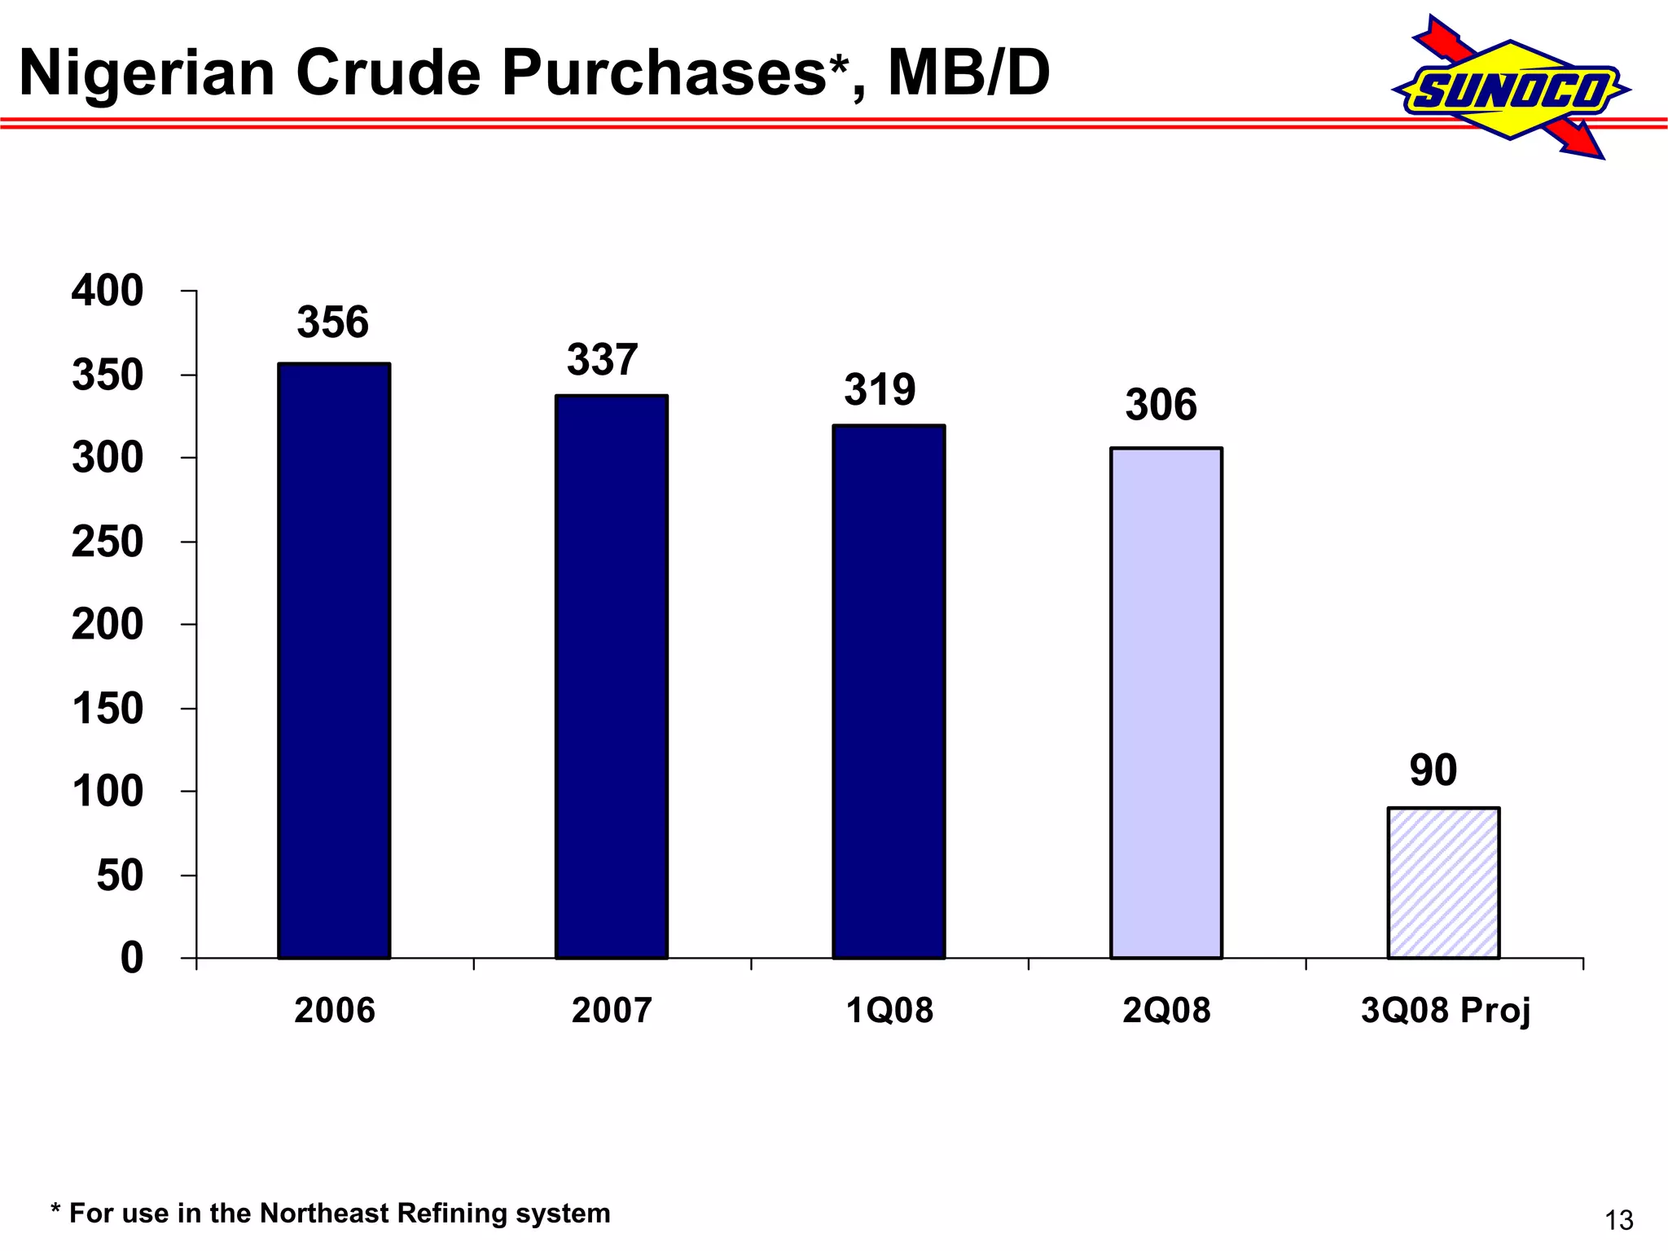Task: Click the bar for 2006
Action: [x=334, y=661]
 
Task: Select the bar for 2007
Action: [x=612, y=677]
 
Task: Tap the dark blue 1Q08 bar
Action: [x=889, y=691]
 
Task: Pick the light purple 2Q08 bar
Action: [x=1166, y=703]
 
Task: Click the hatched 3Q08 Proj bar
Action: [x=1443, y=883]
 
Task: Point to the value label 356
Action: [x=332, y=323]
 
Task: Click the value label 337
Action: [x=602, y=360]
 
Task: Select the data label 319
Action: [x=880, y=390]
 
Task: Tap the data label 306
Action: [x=1161, y=405]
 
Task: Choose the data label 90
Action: [x=1433, y=770]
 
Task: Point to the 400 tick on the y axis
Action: [x=108, y=291]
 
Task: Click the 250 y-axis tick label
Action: [x=108, y=542]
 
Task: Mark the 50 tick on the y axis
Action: [x=120, y=876]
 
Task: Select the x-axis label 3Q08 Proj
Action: [x=1446, y=1011]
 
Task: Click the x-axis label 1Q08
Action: [x=889, y=1011]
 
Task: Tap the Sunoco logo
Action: [x=1512, y=89]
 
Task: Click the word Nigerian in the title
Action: [x=147, y=73]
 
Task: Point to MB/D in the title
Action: [x=968, y=73]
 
